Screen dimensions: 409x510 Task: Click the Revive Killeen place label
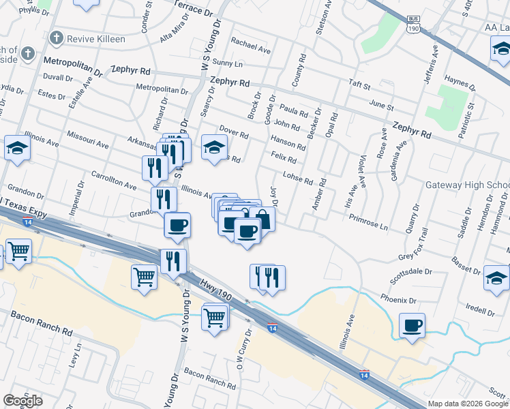96,39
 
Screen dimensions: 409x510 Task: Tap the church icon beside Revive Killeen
57,38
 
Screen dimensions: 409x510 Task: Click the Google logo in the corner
22,401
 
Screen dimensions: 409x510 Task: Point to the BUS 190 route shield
412,25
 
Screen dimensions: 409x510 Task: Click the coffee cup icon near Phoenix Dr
412,325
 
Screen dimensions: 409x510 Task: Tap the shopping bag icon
262,219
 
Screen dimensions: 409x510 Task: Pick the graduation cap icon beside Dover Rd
214,147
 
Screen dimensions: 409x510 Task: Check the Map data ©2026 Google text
466,404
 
